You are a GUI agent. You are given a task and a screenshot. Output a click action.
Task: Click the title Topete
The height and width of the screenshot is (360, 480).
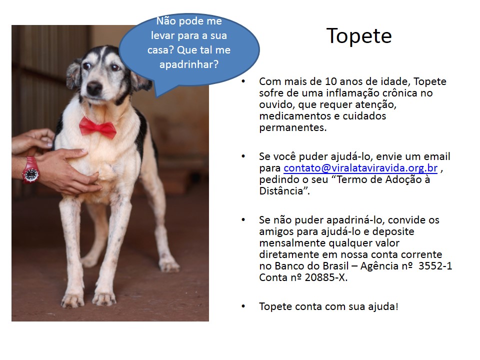pyautogui.click(x=359, y=36)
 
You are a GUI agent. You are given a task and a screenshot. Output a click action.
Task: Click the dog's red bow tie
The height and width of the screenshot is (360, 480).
pyautogui.click(x=97, y=127)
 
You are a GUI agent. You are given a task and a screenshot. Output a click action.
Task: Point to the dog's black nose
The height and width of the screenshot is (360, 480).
pyautogui.click(x=94, y=88)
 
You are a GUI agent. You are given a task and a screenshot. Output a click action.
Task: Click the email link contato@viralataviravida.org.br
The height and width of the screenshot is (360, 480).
pyautogui.click(x=360, y=168)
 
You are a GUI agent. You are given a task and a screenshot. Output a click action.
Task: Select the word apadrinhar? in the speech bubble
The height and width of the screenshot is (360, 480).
pyautogui.click(x=189, y=64)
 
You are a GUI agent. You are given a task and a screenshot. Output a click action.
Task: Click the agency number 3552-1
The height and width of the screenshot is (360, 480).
pyautogui.click(x=435, y=265)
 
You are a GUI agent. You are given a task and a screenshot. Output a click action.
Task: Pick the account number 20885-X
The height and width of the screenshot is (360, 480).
pyautogui.click(x=325, y=277)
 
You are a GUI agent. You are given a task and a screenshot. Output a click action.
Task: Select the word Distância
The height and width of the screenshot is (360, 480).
pyautogui.click(x=281, y=191)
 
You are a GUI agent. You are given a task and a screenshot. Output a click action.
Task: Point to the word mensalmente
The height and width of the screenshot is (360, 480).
pyautogui.click(x=292, y=243)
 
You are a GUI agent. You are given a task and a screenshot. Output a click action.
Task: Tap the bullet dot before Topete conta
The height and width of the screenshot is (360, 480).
pyautogui.click(x=243, y=306)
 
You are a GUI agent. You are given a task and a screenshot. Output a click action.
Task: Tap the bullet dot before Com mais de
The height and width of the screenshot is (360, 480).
pyautogui.click(x=243, y=81)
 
